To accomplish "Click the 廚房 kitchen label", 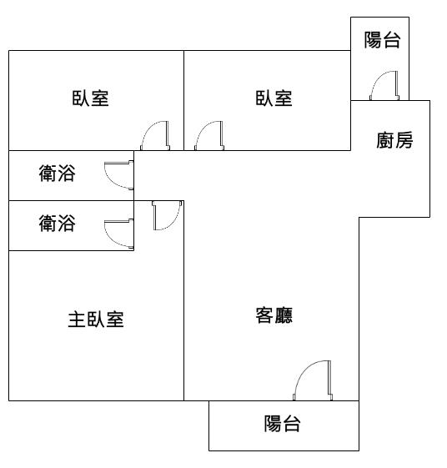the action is pyautogui.click(x=394, y=140).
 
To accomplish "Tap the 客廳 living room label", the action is pyautogui.click(x=274, y=315).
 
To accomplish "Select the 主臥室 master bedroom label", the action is pyautogui.click(x=96, y=320).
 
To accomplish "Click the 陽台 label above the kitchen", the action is pyautogui.click(x=382, y=40).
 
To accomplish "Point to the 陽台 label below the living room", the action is pyautogui.click(x=282, y=423).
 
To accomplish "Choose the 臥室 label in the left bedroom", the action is pyautogui.click(x=90, y=98).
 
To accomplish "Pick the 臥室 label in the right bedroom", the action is pyautogui.click(x=274, y=98).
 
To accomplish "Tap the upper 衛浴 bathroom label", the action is pyautogui.click(x=57, y=174).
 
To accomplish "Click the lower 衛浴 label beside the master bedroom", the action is pyautogui.click(x=57, y=224).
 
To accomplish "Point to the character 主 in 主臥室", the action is pyautogui.click(x=77, y=320).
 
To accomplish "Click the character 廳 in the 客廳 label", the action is pyautogui.click(x=284, y=315).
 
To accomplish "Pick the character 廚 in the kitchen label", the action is pyautogui.click(x=385, y=140).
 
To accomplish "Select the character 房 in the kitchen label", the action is pyautogui.click(x=404, y=140).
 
